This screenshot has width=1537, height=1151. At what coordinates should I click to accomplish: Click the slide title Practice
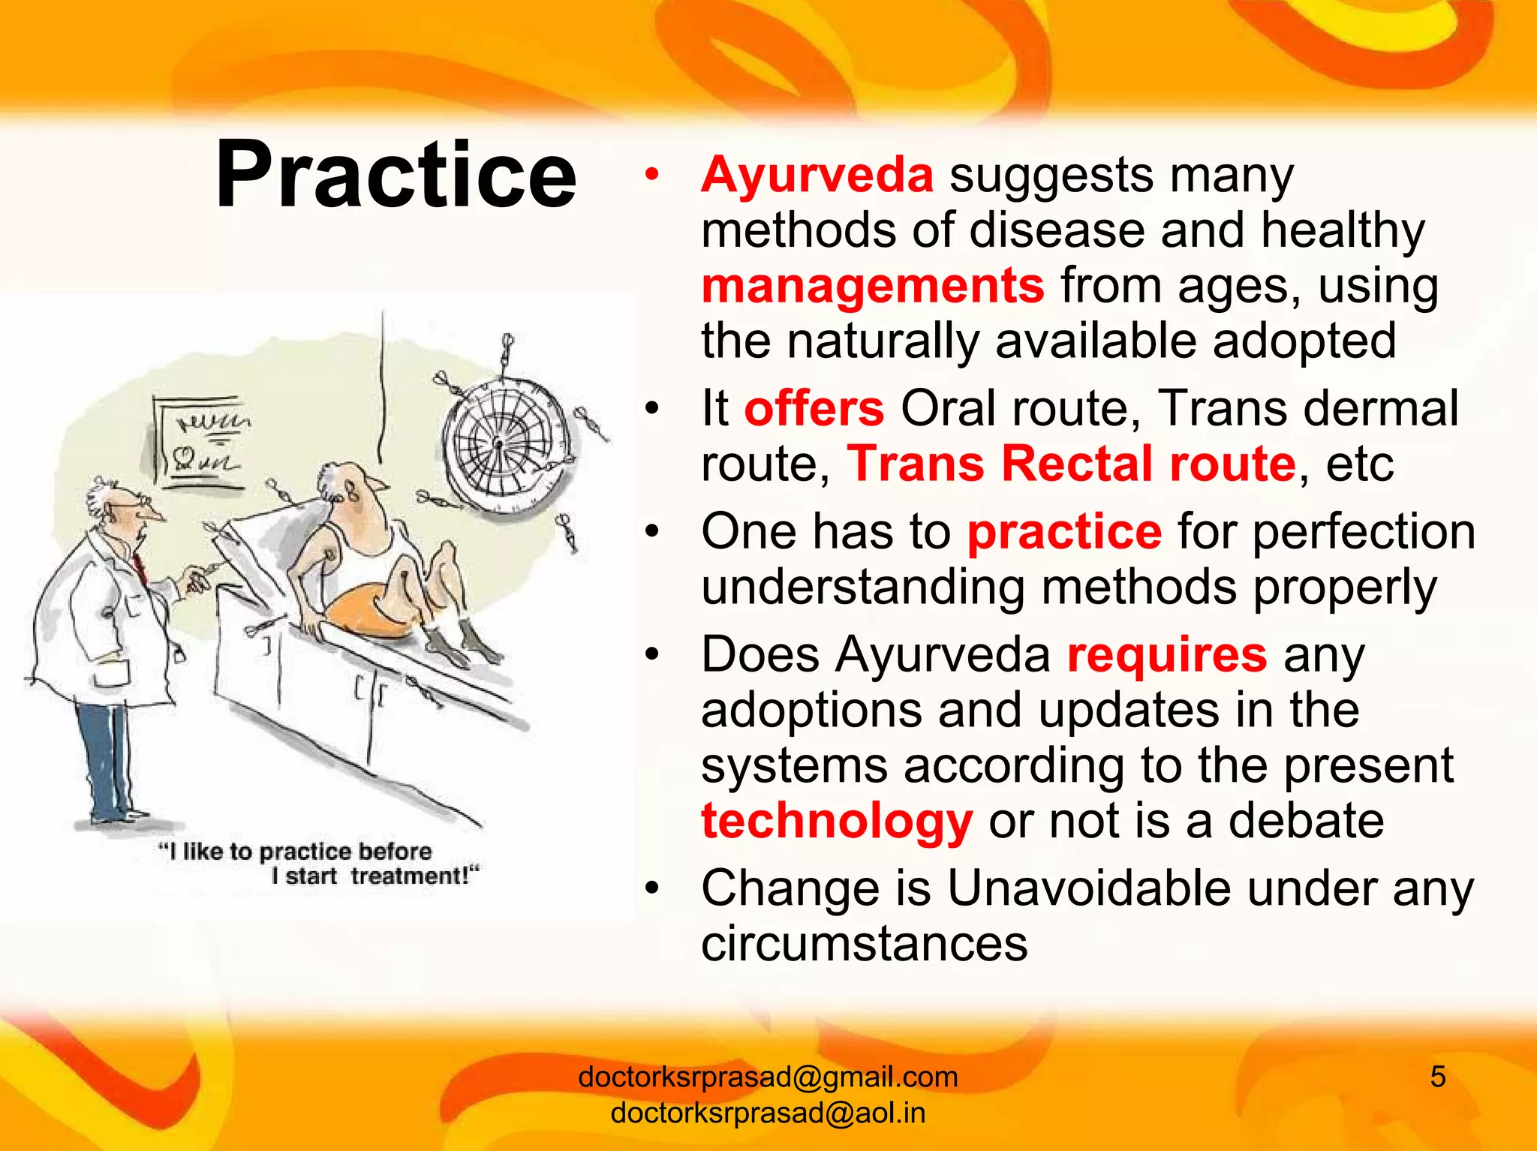(396, 175)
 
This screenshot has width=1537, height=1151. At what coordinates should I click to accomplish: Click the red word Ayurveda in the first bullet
(817, 175)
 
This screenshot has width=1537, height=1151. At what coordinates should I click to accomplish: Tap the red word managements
(872, 286)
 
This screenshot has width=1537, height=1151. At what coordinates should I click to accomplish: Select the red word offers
(814, 409)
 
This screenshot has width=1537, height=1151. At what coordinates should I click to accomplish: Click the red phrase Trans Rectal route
(1072, 464)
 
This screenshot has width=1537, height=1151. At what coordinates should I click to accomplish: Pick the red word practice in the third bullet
(1064, 532)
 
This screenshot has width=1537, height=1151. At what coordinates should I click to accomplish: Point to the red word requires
(1167, 654)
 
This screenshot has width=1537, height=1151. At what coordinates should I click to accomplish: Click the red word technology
(837, 821)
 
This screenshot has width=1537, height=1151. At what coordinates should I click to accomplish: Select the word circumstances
(864, 943)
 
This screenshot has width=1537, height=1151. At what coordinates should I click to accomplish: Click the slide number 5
(1437, 1077)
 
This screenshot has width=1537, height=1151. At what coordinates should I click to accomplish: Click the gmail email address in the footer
(768, 1077)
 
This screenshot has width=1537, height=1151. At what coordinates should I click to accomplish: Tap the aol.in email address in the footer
(768, 1113)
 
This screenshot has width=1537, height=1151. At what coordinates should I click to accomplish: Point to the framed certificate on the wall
(199, 443)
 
